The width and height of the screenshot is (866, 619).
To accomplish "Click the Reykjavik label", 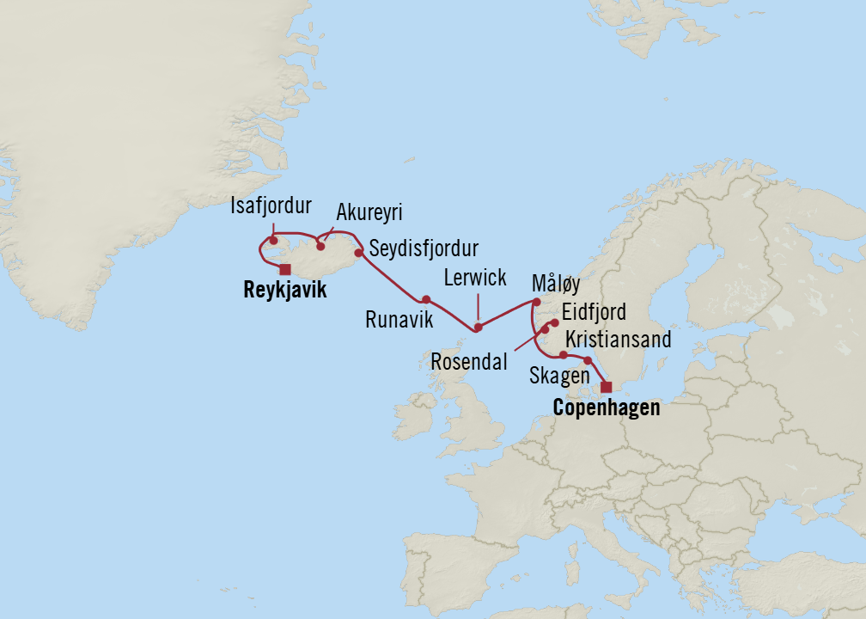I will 285,291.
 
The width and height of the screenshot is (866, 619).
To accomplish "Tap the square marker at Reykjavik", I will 285,269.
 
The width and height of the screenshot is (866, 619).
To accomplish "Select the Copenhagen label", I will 607,408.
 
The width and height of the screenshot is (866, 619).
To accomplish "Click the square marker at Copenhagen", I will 607,386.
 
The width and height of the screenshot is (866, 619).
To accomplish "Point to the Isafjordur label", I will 271,206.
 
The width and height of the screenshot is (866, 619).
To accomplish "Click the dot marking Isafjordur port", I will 273,241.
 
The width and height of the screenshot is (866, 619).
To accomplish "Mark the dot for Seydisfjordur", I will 359,253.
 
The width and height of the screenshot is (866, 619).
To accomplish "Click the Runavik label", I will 399,320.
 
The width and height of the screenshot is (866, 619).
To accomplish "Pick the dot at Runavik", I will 425,299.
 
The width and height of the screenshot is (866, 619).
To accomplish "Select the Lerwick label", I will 477,278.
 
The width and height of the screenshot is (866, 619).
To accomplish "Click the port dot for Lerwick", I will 479,327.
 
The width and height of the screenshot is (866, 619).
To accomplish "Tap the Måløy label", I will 556,285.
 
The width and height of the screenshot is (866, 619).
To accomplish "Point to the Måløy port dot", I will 536,302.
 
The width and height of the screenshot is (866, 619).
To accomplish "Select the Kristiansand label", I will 618,340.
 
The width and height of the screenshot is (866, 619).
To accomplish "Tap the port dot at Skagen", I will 588,360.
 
